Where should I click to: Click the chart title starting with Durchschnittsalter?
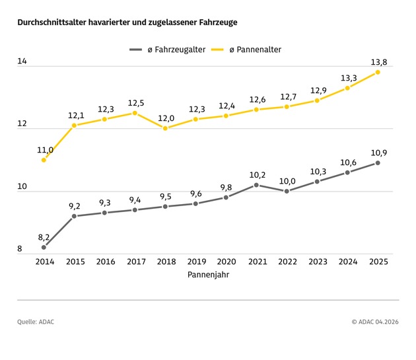coord(127,22)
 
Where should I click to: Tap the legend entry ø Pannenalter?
coord(256,50)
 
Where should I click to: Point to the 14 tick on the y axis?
coord(22,61)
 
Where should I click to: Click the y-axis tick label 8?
coord(20,249)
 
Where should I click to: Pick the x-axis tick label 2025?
coord(378,262)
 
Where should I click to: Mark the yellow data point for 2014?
coord(44,160)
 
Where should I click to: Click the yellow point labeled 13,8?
coord(378,72)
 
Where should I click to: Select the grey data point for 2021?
coord(256,185)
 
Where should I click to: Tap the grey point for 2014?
coord(44,248)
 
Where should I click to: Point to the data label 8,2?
coord(44,236)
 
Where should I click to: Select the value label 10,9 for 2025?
coord(378,152)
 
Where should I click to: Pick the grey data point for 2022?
coord(287,191)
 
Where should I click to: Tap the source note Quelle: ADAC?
coord(36,322)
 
